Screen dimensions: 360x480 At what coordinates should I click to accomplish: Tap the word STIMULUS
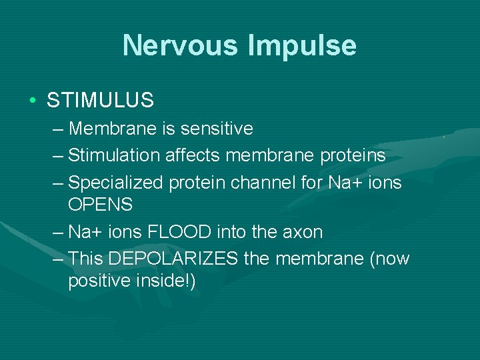click(x=100, y=101)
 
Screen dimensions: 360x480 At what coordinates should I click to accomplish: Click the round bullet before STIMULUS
click(x=32, y=101)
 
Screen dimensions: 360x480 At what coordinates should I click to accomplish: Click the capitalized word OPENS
click(x=100, y=205)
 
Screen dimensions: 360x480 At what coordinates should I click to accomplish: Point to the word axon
click(x=303, y=232)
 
